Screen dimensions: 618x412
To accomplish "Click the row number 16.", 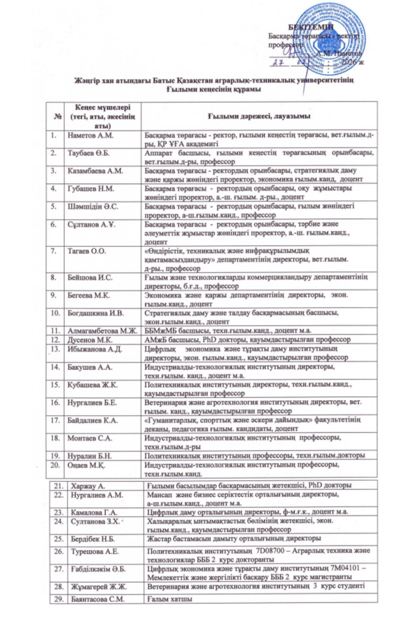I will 55,401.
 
